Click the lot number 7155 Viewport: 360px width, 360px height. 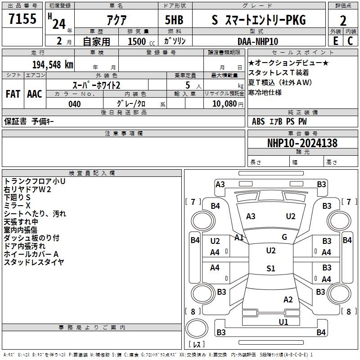(22, 18)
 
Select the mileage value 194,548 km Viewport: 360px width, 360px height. (53, 65)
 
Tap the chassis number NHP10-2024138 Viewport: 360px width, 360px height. (302, 143)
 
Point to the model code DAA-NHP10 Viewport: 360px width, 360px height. (257, 41)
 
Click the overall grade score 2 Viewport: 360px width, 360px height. (343, 21)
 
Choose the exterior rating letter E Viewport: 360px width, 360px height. (335, 41)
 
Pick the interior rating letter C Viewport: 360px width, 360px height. (350, 41)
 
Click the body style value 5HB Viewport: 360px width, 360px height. (174, 20)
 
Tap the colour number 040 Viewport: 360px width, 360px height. (75, 104)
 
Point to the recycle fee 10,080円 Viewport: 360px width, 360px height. (228, 104)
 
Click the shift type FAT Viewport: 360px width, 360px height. (13, 94)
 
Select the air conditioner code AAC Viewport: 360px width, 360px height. (35, 94)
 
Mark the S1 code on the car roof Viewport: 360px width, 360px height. (271, 268)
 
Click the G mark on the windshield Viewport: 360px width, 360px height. (284, 237)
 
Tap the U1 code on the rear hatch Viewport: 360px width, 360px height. (283, 322)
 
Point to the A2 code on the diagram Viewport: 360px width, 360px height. (288, 300)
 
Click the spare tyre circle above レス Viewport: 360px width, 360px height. (197, 328)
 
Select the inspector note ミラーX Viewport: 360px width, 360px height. (17, 206)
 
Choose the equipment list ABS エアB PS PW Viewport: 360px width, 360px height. (279, 121)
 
